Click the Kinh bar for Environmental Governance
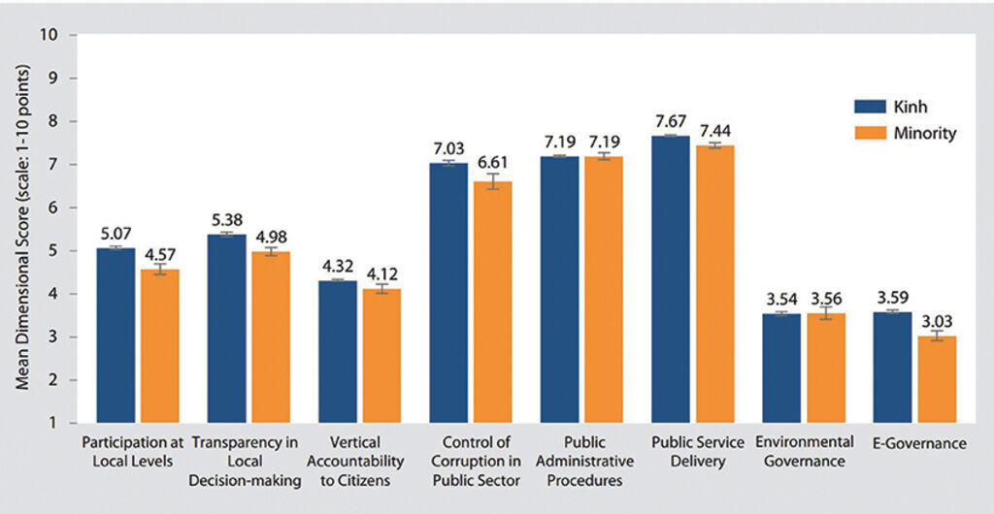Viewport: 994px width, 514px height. click(x=781, y=368)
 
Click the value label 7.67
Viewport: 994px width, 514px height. click(x=671, y=122)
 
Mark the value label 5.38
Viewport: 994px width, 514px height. click(x=226, y=219)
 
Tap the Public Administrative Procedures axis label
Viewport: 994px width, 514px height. click(x=581, y=461)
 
